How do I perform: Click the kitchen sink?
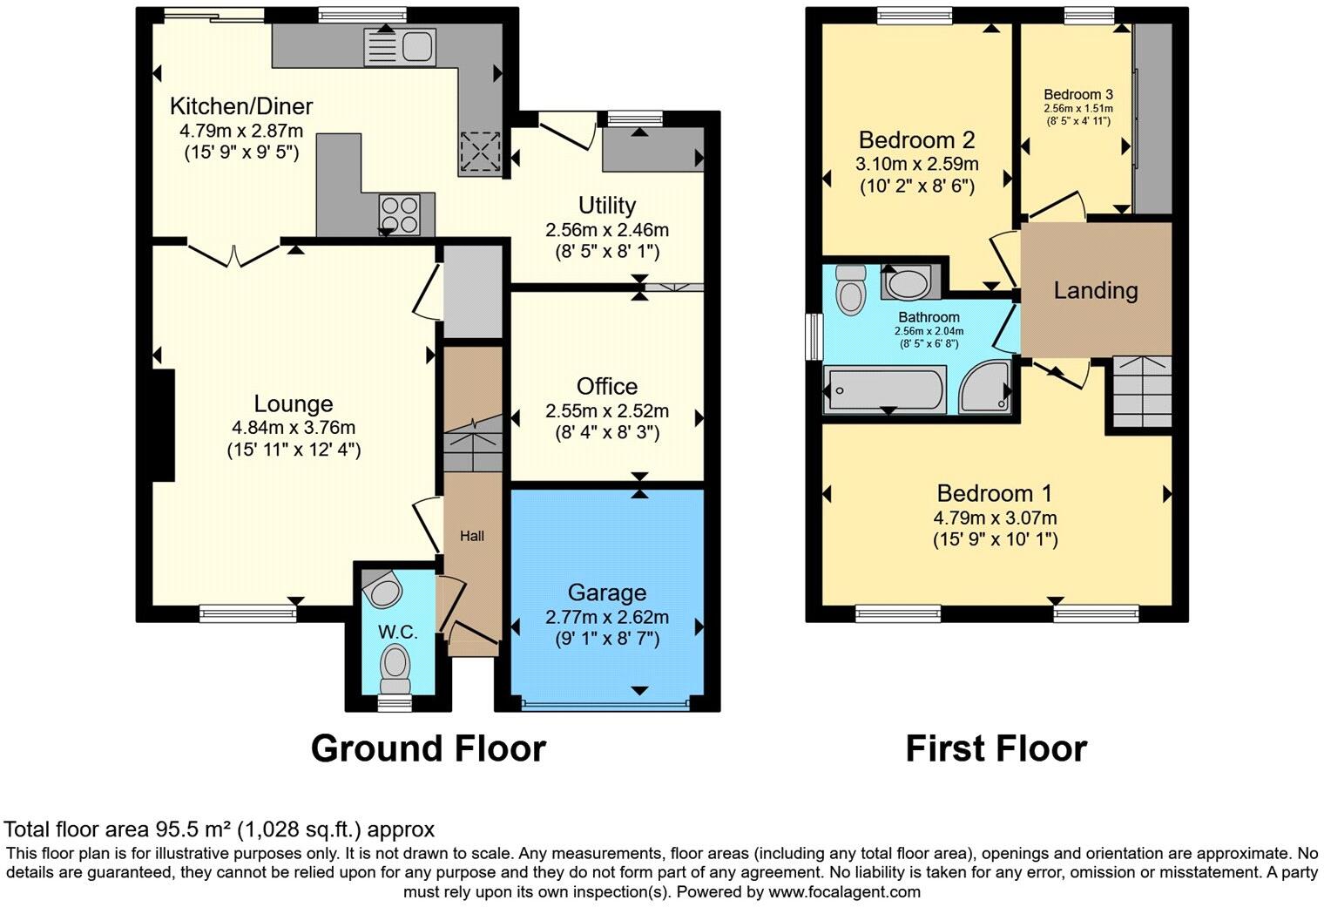pyautogui.click(x=400, y=45)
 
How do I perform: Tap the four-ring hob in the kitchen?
pyautogui.click(x=399, y=213)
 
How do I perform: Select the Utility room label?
pyautogui.click(x=607, y=206)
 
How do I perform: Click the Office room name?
pyautogui.click(x=607, y=386)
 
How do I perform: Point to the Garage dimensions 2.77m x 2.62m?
pyautogui.click(x=607, y=617)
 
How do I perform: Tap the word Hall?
pyautogui.click(x=472, y=536)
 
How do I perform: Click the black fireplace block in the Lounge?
pyautogui.click(x=163, y=425)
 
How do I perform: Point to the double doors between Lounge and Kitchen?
pyautogui.click(x=233, y=252)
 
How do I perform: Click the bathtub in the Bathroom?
pyautogui.click(x=884, y=389)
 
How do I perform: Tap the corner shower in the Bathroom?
pyautogui.click(x=985, y=388)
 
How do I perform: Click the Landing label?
pyautogui.click(x=1096, y=290)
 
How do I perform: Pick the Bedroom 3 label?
pyautogui.click(x=1078, y=94)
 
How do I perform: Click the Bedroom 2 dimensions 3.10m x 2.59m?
pyautogui.click(x=916, y=164)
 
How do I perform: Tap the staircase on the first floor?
pyautogui.click(x=1142, y=392)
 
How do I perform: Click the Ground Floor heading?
pyautogui.click(x=428, y=748)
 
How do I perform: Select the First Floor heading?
pyautogui.click(x=996, y=748)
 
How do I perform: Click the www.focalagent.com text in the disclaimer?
pyautogui.click(x=844, y=891)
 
